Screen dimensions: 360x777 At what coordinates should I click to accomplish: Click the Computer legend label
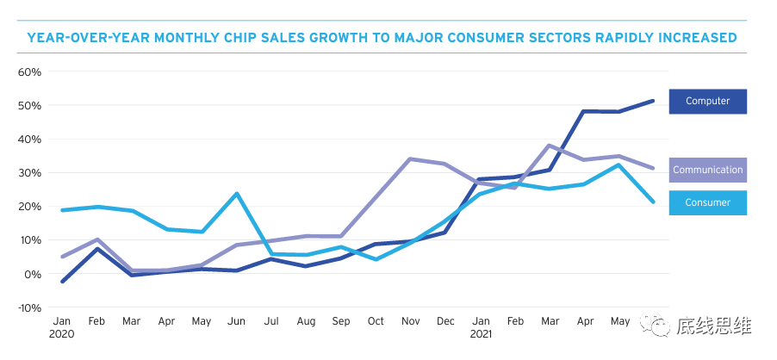[707, 102]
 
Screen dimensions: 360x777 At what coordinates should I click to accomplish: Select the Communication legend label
[707, 170]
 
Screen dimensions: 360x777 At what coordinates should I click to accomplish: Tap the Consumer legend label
[707, 203]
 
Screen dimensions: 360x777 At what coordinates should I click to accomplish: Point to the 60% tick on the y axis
[29, 72]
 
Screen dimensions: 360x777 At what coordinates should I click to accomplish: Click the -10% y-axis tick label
[29, 307]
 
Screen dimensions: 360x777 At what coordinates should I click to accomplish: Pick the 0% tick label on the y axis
[33, 274]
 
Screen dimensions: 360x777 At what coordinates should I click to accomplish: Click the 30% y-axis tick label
[29, 173]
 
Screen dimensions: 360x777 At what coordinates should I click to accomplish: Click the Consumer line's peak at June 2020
[236, 193]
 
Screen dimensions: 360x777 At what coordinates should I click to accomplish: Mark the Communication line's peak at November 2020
[410, 158]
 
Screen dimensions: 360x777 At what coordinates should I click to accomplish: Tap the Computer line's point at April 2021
[584, 111]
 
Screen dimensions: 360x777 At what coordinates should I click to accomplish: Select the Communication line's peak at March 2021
[549, 146]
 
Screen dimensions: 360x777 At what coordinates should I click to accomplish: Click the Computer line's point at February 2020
[98, 249]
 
